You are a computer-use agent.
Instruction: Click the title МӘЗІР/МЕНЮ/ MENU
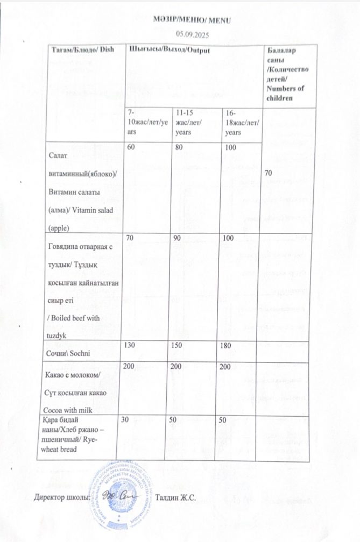tap(191, 20)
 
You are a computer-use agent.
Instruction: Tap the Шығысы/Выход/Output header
tap(168, 50)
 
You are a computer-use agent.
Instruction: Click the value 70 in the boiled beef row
tap(130, 238)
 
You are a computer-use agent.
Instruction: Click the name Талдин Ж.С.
tap(175, 497)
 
